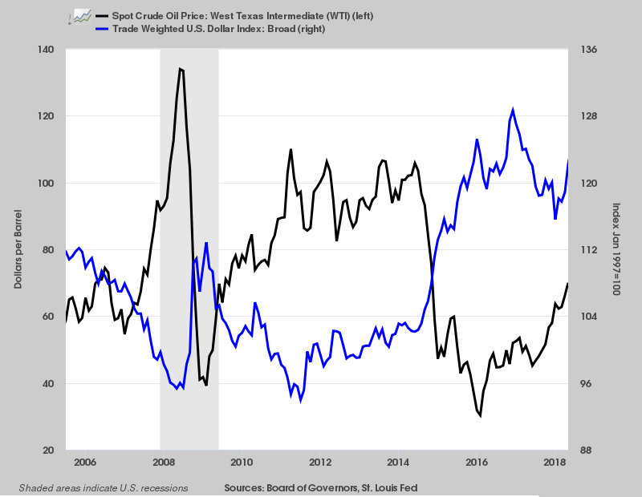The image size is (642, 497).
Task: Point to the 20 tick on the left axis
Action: [47, 451]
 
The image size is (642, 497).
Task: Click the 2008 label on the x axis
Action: [163, 463]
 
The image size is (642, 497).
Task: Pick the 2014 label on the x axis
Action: [399, 463]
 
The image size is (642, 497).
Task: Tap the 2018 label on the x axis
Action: [553, 463]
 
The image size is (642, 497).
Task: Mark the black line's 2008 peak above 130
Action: [181, 69]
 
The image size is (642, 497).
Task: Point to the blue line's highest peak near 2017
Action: [513, 110]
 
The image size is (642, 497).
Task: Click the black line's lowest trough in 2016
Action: [480, 416]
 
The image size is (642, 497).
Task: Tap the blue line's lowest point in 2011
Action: [300, 401]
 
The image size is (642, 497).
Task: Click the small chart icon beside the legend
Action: [79, 16]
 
